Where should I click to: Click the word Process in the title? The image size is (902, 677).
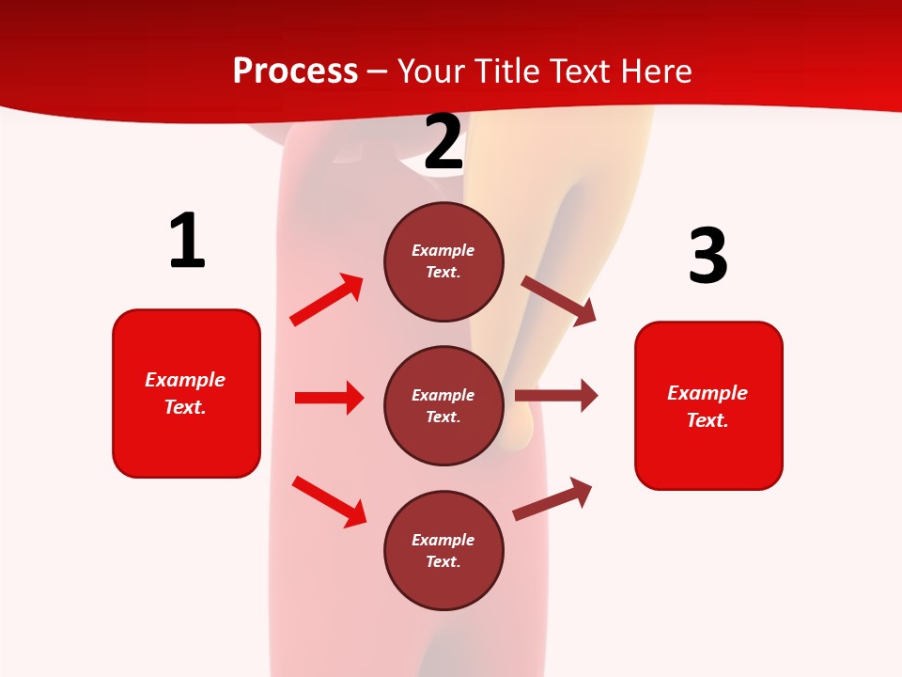(x=295, y=71)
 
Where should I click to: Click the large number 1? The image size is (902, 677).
(x=187, y=242)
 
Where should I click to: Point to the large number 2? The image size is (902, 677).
(x=443, y=143)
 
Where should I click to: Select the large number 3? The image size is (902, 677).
(x=708, y=256)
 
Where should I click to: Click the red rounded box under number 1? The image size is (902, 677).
(x=186, y=393)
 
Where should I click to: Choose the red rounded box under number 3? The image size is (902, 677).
(x=708, y=406)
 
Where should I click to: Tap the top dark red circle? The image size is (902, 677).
(x=443, y=261)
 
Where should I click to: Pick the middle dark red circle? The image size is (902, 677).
(x=443, y=405)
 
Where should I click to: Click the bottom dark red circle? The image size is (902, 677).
(x=443, y=550)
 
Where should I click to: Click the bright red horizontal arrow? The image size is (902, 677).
(x=329, y=398)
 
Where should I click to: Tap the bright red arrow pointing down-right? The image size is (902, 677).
(x=330, y=501)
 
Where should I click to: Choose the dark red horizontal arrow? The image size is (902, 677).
(x=556, y=395)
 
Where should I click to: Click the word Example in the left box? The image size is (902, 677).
(x=185, y=380)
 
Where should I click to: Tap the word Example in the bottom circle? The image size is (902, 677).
(x=443, y=540)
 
